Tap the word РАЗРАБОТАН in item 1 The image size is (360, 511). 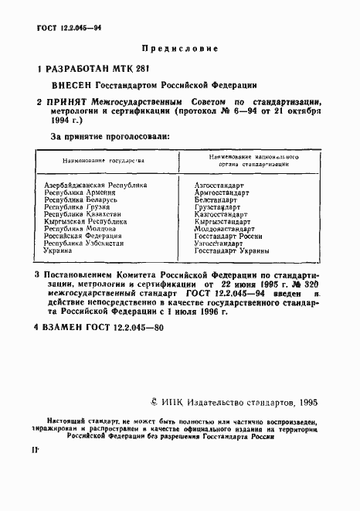(x=84, y=70)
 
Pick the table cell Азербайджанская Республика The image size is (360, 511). (x=96, y=185)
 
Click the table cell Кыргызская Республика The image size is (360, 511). (x=86, y=222)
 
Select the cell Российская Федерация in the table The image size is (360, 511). (x=83, y=237)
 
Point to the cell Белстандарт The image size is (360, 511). (x=216, y=200)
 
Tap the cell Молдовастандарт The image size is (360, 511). (x=225, y=230)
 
